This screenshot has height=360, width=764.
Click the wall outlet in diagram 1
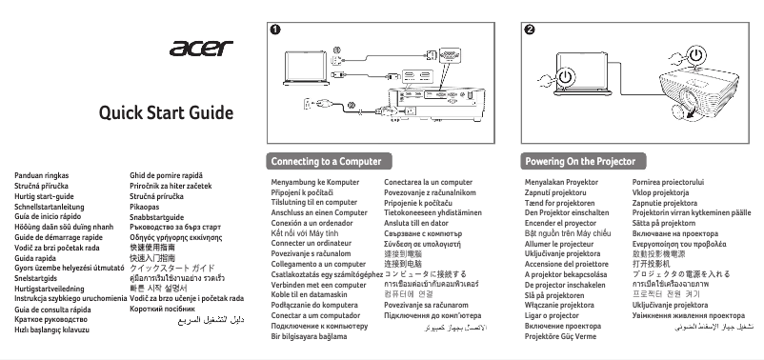(311, 102)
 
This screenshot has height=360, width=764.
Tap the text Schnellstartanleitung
(50, 206)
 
